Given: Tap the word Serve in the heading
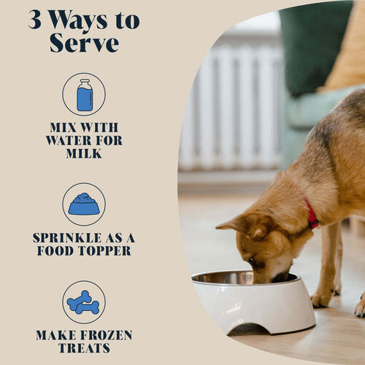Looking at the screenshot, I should point(84,43).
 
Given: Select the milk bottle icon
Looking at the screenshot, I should point(84,95).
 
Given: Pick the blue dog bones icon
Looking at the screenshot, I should point(83,302).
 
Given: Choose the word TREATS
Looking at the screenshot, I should point(84,348).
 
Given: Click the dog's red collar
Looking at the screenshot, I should point(312,215).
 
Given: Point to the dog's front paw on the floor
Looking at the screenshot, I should point(321,299).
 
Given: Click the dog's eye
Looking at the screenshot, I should point(251,261).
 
